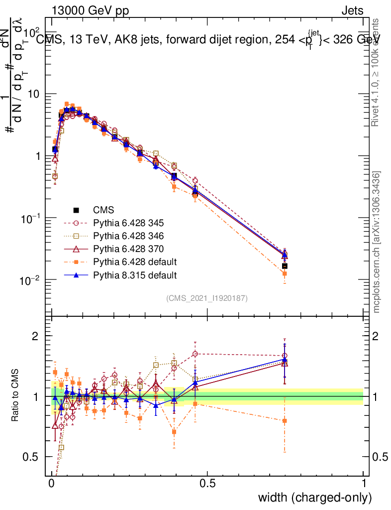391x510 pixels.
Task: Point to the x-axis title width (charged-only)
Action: tap(315, 497)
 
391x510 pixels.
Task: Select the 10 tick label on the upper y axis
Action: tap(35, 94)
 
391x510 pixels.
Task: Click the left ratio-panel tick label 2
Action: tap(35, 336)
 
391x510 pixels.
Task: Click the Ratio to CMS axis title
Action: tap(15, 396)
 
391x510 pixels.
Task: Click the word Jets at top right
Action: tap(352, 10)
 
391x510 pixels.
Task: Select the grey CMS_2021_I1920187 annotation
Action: tap(207, 298)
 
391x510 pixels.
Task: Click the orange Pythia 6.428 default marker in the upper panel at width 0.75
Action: tap(285, 273)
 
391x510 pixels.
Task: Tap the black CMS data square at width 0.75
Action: tap(285, 266)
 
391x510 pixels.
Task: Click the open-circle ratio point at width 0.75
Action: tap(285, 356)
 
